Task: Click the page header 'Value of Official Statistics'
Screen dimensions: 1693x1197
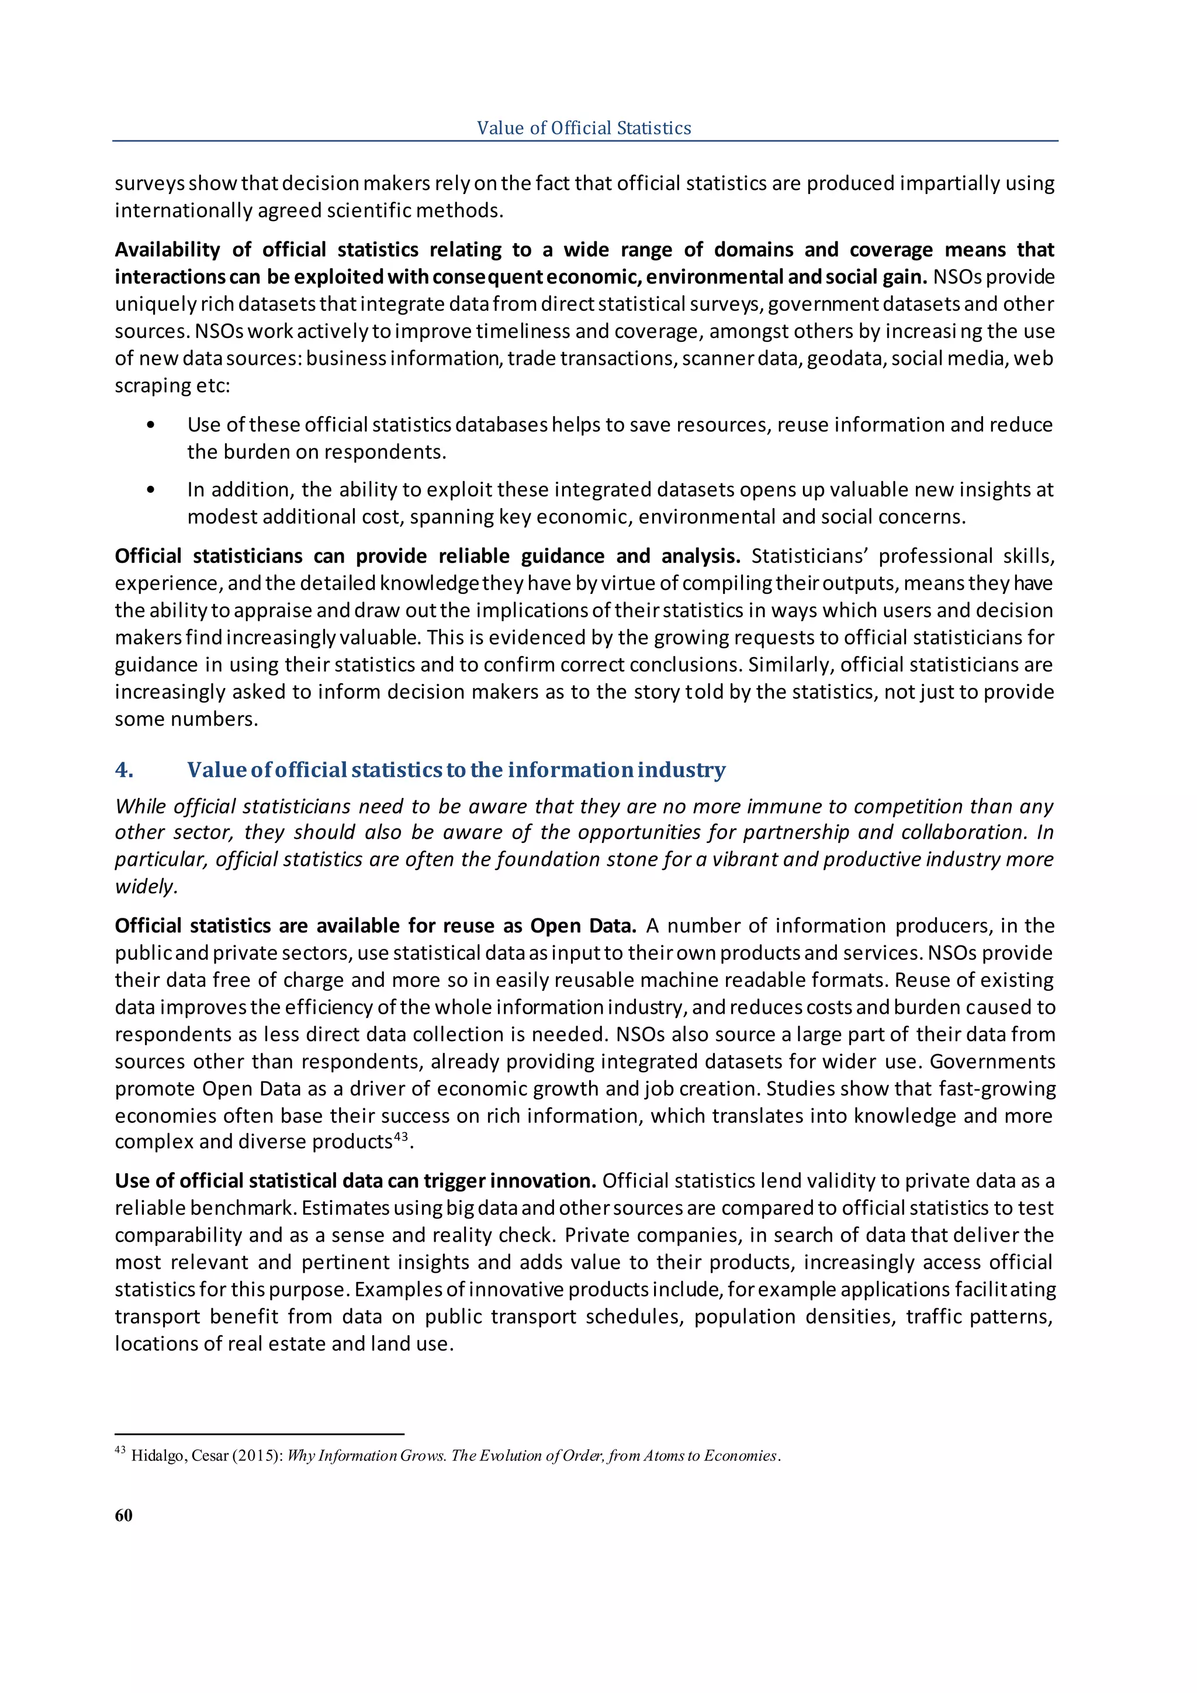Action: point(584,127)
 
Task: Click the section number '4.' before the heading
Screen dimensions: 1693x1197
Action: point(124,770)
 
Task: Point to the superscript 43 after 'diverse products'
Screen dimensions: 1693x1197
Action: point(400,1136)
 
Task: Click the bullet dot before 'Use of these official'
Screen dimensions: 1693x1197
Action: point(151,425)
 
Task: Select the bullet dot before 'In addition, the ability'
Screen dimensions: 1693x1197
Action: point(151,490)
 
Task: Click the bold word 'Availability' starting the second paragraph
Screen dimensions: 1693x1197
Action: point(167,250)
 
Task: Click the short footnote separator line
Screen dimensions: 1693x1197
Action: point(260,1434)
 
